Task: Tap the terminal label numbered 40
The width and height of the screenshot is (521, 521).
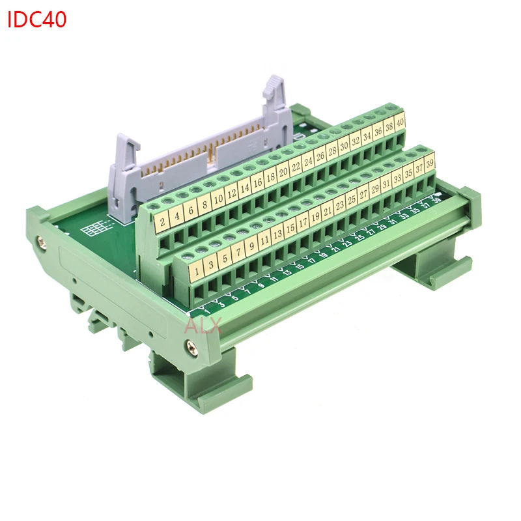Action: pos(401,122)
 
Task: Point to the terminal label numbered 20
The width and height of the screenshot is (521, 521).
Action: pos(283,172)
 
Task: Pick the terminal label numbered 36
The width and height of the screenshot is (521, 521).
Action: pos(378,132)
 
